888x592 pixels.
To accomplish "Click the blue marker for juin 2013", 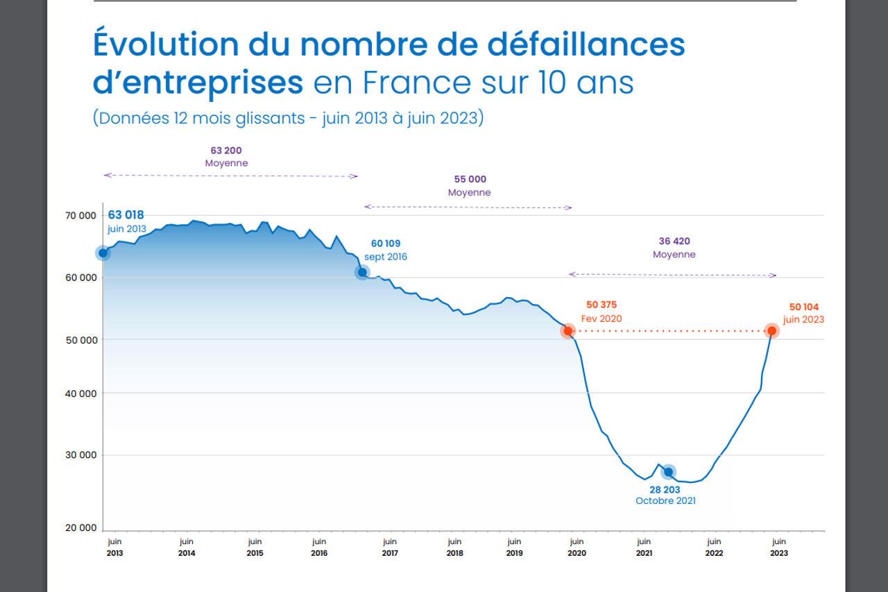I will tap(103, 253).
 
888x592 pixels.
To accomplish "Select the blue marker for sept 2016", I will tap(362, 272).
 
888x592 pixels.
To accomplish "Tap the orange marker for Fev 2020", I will tap(568, 331).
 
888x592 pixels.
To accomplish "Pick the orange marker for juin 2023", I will tap(771, 330).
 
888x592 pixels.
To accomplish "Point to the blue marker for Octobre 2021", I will tap(668, 472).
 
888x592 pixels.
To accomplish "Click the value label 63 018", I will tap(126, 215).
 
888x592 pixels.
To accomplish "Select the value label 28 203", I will tap(665, 489).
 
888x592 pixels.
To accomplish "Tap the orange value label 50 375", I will tap(601, 305).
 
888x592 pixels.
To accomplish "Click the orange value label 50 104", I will tap(804, 307).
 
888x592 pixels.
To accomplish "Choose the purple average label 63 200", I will tap(226, 151).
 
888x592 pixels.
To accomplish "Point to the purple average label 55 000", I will tap(470, 180).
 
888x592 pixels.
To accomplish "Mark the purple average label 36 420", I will tap(674, 242).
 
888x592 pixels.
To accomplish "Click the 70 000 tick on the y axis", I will tap(82, 216).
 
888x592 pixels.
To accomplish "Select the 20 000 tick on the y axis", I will tap(82, 528).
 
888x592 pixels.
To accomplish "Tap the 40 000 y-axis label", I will tap(82, 394).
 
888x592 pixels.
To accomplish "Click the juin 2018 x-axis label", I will tap(454, 547).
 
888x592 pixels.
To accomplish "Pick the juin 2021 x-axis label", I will tap(644, 547).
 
